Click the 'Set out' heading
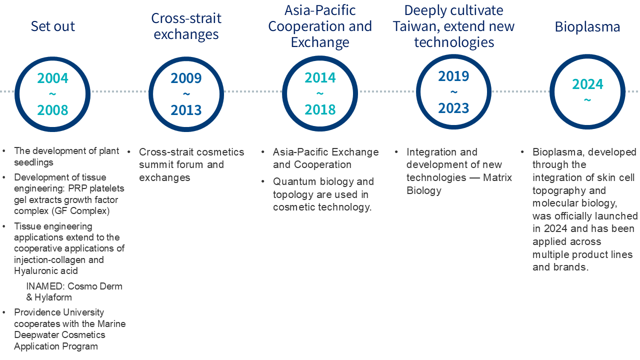tap(53, 26)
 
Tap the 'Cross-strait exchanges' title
tap(186, 26)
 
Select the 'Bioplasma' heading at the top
tap(587, 27)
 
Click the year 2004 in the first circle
tap(52, 78)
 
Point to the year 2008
tap(52, 110)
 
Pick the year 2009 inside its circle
tap(186, 78)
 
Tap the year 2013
tap(186, 110)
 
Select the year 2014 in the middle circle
tap(320, 77)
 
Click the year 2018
tap(320, 109)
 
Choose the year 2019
tap(453, 76)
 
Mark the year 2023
tap(453, 108)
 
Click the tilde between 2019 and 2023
tap(453, 92)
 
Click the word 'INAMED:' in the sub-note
tap(45, 286)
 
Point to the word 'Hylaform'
tap(53, 297)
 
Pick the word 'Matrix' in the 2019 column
tap(497, 177)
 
